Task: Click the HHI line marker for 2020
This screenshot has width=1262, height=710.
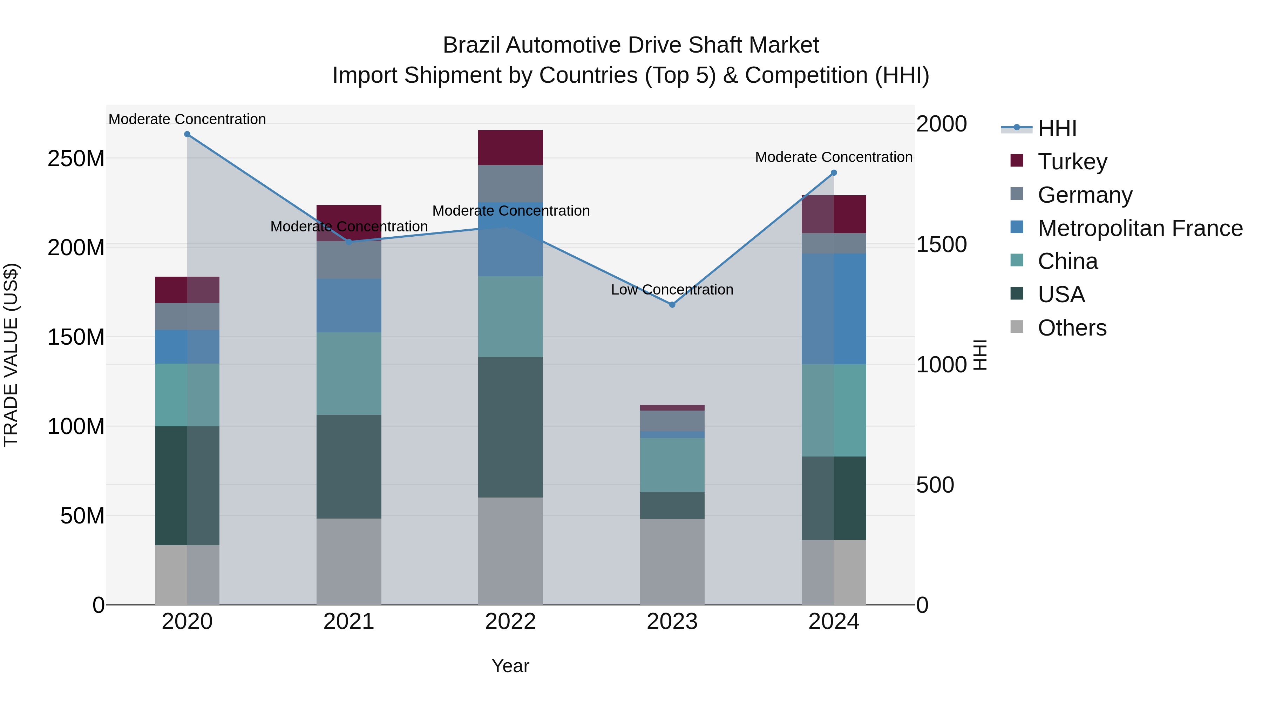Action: (187, 134)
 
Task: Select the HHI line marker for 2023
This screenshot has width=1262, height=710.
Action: (672, 305)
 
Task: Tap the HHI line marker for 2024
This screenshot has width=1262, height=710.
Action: (834, 173)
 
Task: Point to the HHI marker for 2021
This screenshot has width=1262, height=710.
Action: (349, 242)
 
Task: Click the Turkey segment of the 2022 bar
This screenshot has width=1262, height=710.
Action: (510, 148)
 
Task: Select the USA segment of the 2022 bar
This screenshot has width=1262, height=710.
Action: (510, 427)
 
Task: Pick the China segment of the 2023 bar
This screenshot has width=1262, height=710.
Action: (672, 465)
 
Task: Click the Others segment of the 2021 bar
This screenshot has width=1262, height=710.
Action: (349, 562)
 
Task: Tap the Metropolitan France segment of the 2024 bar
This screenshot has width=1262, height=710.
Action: (834, 309)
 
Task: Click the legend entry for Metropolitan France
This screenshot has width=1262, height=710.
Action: (1140, 228)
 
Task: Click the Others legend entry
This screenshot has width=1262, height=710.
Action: (1072, 328)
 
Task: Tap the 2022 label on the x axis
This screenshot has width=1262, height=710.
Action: (510, 622)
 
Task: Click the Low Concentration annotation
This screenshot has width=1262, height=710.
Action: (672, 290)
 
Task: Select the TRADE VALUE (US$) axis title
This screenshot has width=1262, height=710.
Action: (11, 355)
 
